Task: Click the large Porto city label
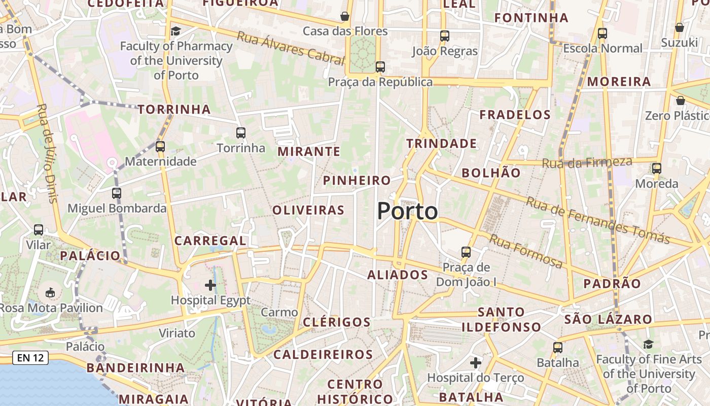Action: tap(407, 211)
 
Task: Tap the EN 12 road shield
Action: tap(30, 358)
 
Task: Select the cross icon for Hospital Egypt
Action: tap(210, 285)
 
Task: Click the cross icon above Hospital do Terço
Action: tap(475, 363)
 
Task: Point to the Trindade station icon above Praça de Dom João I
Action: tap(466, 252)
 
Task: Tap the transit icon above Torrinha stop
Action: tap(241, 133)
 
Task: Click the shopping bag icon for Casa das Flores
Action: tap(345, 16)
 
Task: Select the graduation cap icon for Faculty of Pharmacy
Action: tap(175, 31)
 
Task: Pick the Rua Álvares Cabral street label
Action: tap(291, 48)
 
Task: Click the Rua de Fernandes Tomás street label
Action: tap(598, 220)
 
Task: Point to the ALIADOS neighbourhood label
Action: tap(398, 275)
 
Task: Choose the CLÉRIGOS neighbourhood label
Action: tap(337, 322)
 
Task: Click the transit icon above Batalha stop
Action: tap(558, 348)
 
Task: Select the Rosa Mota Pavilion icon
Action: tap(50, 293)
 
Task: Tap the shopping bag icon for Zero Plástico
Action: tap(681, 101)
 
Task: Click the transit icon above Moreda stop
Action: tap(657, 168)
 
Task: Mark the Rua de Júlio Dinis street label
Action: tap(48, 153)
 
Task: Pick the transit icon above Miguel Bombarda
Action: tap(117, 193)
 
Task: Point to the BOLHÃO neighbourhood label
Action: tap(491, 173)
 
